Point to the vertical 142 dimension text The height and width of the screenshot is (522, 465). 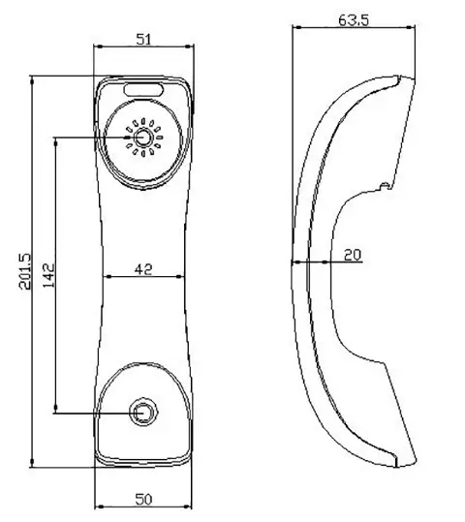(47, 276)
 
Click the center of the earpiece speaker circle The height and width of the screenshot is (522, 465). (145, 138)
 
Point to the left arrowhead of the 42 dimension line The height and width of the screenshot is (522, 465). (107, 277)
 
